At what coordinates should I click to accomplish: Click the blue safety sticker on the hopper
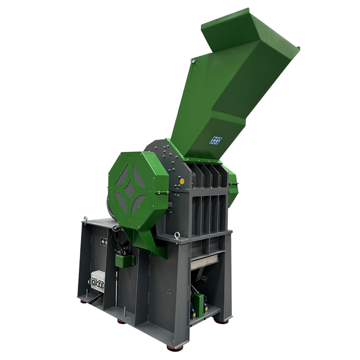pyautogui.click(x=217, y=140)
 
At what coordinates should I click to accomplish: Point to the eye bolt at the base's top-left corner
pyautogui.click(x=85, y=218)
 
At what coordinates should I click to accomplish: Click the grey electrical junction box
pyautogui.click(x=98, y=281)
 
